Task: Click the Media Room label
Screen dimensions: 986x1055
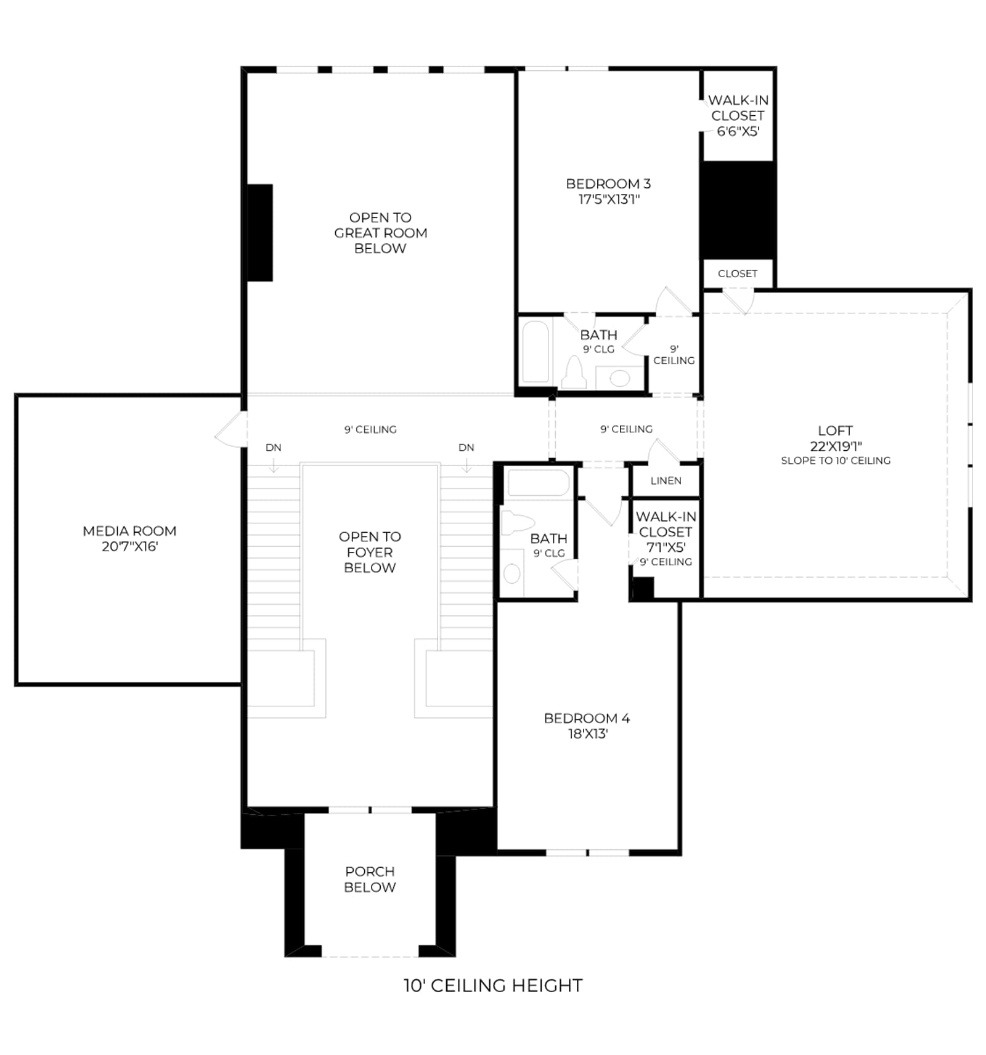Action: click(129, 531)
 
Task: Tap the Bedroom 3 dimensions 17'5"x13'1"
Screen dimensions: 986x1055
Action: click(609, 199)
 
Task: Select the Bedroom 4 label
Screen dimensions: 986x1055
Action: click(587, 718)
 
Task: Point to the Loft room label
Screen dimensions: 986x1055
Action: click(835, 430)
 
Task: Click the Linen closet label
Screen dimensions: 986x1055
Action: click(666, 480)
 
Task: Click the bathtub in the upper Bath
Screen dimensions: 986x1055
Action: click(536, 352)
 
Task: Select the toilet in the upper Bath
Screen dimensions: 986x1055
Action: click(574, 373)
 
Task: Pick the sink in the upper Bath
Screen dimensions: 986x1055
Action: click(620, 378)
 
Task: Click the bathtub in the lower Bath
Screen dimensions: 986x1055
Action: click(538, 482)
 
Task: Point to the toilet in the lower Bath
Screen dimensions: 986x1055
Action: click(516, 523)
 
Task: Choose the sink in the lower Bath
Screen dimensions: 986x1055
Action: click(511, 573)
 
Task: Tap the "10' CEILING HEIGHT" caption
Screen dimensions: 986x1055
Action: click(493, 985)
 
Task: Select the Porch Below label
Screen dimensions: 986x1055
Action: click(370, 879)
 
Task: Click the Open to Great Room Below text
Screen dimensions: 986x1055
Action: click(380, 233)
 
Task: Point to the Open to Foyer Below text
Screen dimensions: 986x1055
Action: click(370, 552)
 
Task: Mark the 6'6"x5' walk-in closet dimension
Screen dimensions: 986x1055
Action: click(738, 131)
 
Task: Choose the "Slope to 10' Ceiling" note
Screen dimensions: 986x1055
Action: click(836, 461)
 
